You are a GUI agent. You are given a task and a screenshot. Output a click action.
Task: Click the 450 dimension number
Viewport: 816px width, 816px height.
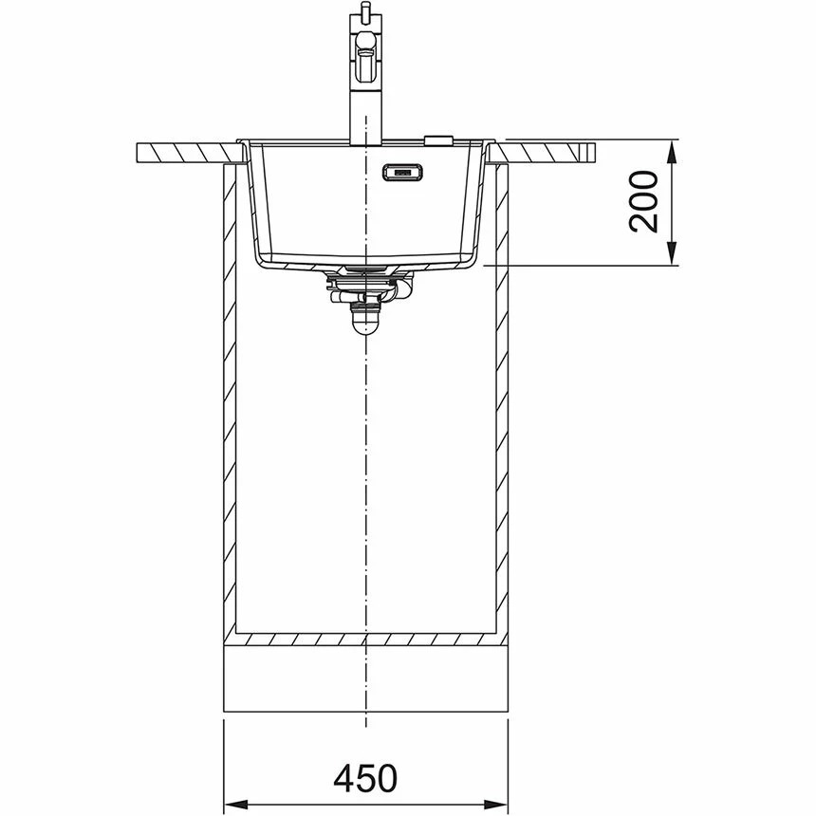[x=365, y=779]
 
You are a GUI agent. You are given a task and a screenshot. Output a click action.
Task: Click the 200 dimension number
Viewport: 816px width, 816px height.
[x=643, y=201]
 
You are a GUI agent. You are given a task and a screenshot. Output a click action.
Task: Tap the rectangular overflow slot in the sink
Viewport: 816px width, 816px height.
[x=402, y=172]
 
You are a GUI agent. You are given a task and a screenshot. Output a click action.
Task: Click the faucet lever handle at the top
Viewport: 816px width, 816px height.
[x=365, y=49]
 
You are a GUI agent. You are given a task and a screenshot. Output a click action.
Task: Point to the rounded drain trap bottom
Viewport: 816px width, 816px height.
[x=366, y=323]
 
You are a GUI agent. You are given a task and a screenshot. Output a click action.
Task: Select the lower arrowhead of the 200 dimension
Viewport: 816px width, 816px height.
[x=672, y=252]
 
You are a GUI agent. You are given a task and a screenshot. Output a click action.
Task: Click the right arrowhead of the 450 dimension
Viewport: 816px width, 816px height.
[x=495, y=803]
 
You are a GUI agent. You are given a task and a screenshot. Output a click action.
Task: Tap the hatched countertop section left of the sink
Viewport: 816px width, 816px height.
[x=190, y=153]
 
